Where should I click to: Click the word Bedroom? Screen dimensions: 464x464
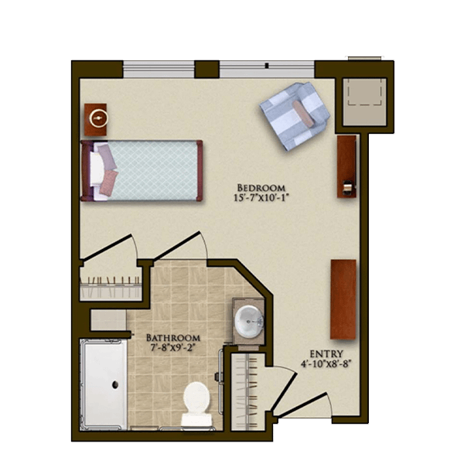(x=261, y=188)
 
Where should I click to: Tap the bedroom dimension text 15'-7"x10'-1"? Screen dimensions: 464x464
(x=261, y=197)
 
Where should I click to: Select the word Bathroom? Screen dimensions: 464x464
(x=173, y=338)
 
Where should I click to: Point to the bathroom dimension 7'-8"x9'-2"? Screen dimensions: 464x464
(x=173, y=347)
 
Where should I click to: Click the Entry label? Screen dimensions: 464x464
(x=326, y=354)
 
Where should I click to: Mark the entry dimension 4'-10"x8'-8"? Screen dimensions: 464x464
(x=326, y=363)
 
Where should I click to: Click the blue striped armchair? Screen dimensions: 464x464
(x=295, y=116)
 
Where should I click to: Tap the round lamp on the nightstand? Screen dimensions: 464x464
(x=98, y=118)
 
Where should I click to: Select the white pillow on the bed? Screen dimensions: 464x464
(x=97, y=169)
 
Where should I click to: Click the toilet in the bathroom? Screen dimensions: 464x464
(x=196, y=404)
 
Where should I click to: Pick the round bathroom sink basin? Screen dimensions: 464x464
(x=249, y=321)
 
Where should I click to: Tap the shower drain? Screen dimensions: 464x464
(x=115, y=384)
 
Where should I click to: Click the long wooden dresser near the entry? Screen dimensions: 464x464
(x=343, y=299)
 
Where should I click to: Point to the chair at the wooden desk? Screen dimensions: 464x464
(x=348, y=187)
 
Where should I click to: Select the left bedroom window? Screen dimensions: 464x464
(x=159, y=70)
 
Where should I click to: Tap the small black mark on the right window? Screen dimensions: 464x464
(x=267, y=66)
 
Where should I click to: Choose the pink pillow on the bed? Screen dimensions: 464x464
(x=108, y=183)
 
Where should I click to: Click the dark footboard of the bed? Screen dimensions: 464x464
(x=200, y=170)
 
